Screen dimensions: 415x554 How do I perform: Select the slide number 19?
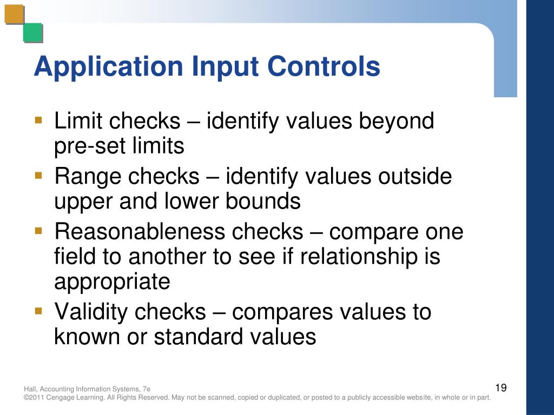[x=500, y=387]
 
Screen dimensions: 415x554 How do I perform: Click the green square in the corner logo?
[x=32, y=33]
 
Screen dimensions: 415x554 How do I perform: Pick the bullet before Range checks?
[x=38, y=175]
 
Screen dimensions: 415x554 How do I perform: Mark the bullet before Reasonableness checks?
[x=38, y=231]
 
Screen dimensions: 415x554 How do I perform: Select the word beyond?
[x=397, y=121]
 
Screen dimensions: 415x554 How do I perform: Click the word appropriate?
[x=112, y=282]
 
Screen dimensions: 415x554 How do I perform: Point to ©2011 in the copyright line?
[x=34, y=398]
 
